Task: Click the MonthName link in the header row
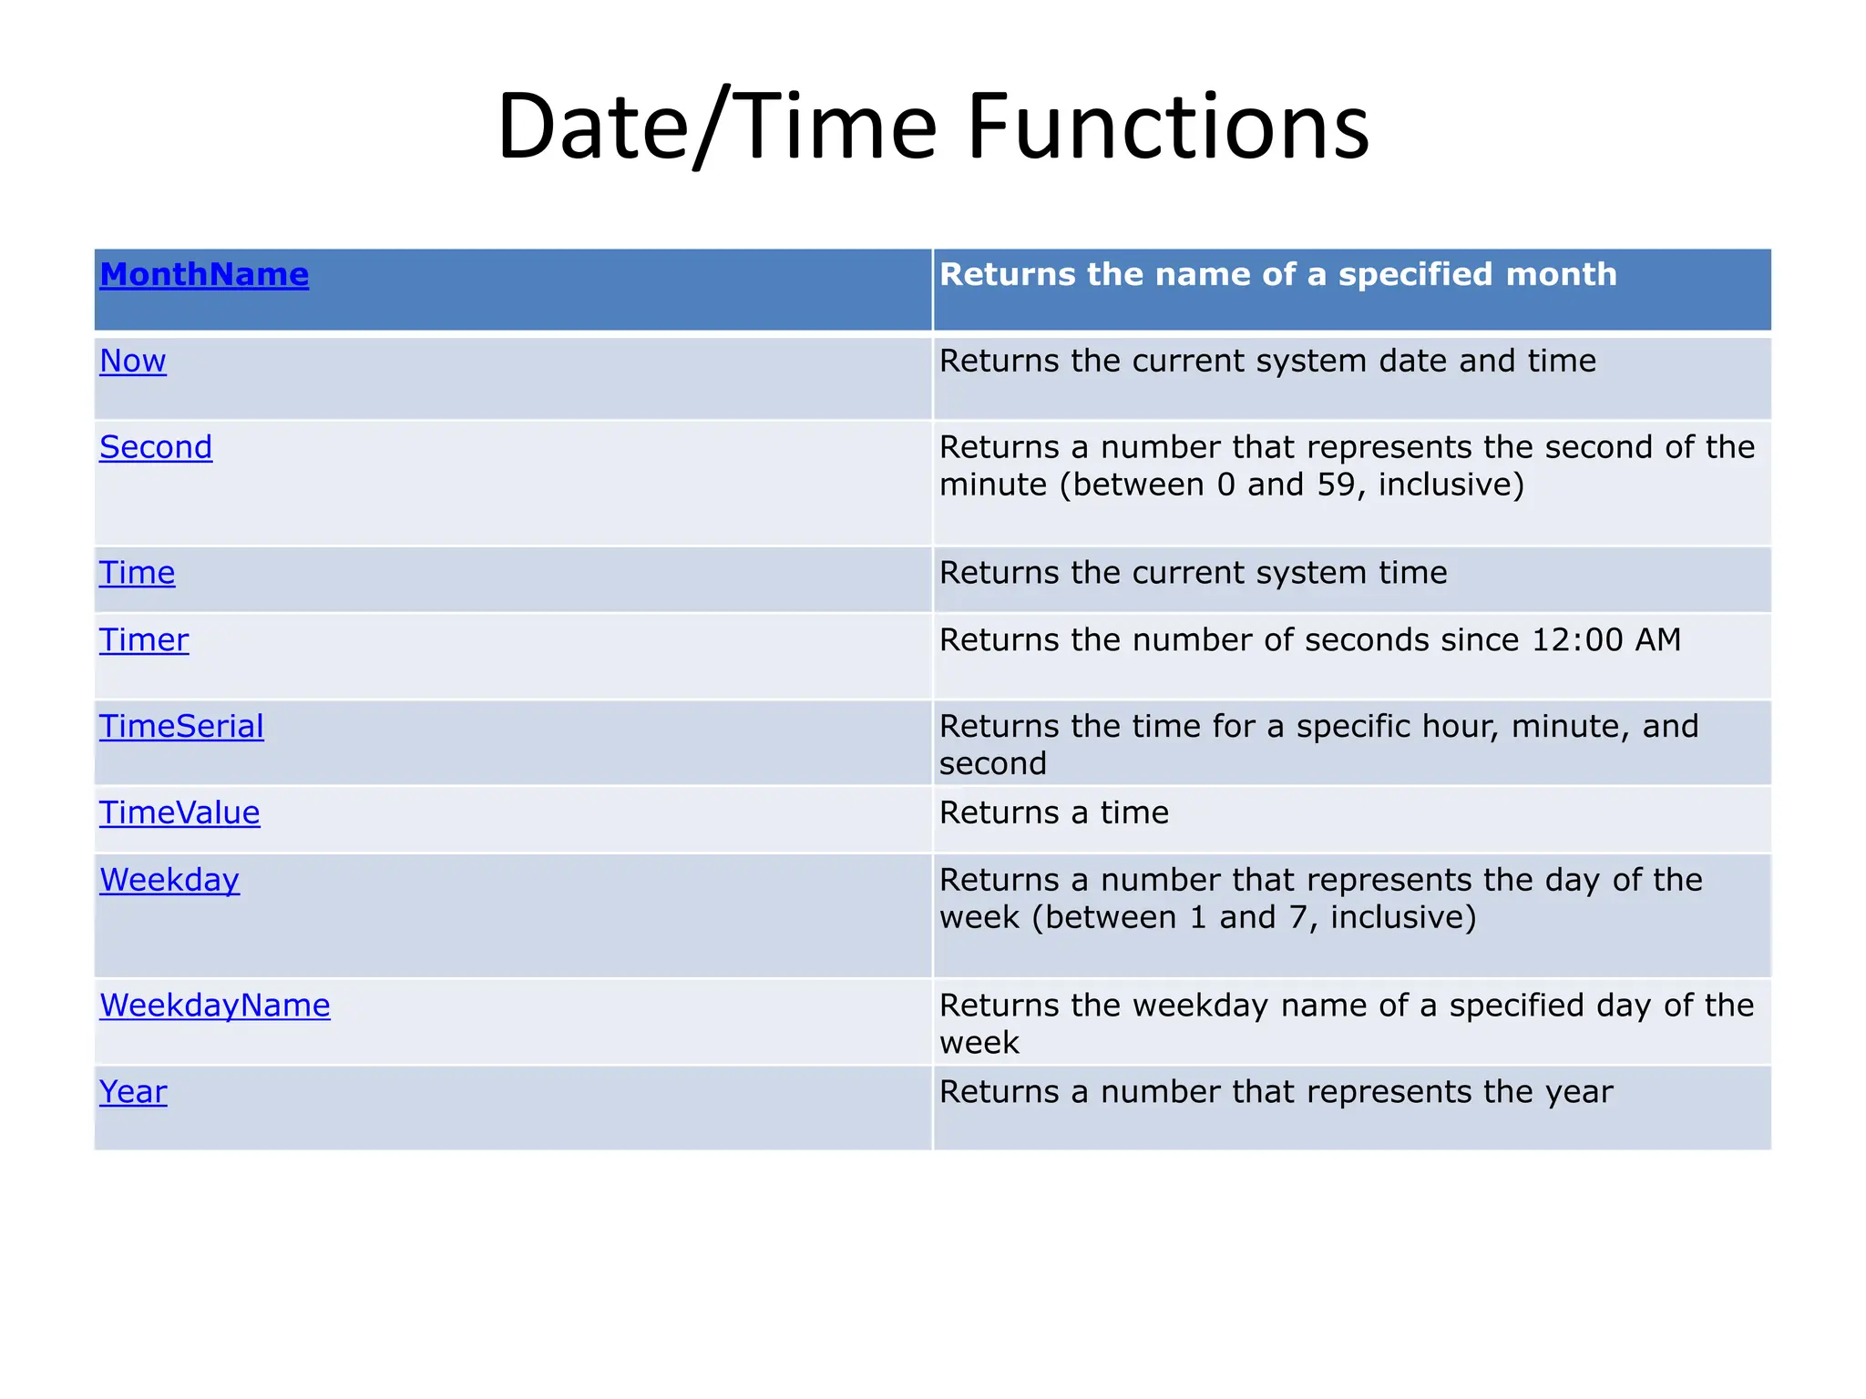204,274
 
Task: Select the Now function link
133,361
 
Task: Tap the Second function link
156,447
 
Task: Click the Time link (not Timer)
137,573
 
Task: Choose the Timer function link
144,640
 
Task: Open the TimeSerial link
181,727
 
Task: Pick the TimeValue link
179,812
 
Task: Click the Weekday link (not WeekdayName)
169,880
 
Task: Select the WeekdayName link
215,1006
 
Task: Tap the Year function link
133,1092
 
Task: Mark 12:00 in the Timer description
1577,640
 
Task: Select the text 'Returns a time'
1053,812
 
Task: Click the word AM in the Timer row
1657,640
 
